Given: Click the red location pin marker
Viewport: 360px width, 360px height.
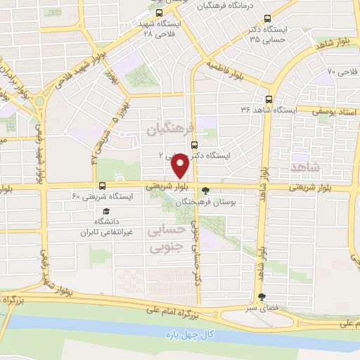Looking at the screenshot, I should coord(181,166).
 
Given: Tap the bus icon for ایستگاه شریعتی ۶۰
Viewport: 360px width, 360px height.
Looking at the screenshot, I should coord(103,186).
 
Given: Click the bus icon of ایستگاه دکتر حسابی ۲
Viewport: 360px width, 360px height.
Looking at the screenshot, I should coord(195,146).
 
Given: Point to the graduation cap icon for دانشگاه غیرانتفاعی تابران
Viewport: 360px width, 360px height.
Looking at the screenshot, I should coord(106,211).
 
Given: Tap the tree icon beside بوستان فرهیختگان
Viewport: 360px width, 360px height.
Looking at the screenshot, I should coord(205,190).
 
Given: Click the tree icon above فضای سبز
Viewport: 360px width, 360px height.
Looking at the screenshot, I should coord(262,297).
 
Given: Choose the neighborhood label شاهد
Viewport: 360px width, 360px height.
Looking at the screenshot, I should coord(323,167).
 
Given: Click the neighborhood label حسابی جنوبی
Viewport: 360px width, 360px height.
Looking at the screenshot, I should coord(167,238).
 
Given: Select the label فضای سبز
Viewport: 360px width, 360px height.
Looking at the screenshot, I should coord(271,307).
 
